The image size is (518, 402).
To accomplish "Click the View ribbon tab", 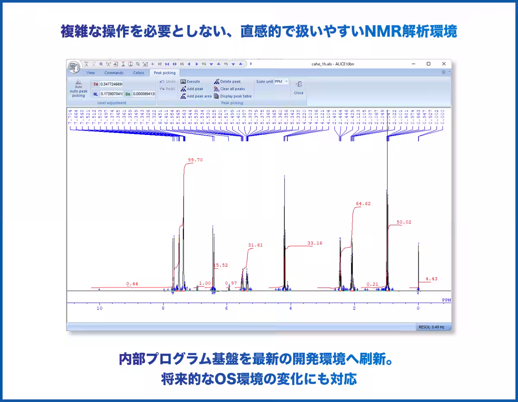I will point(91,73).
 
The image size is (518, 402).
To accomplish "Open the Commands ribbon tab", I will point(114,73).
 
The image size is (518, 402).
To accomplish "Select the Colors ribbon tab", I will point(139,73).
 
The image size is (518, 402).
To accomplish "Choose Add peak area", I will point(196,96).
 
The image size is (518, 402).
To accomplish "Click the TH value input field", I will point(111,84).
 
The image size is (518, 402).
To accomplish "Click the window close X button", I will point(444,64).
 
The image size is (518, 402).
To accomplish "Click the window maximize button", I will point(429,64).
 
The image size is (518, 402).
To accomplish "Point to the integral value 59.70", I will point(195,160).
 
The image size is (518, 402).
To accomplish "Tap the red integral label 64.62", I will point(363,204).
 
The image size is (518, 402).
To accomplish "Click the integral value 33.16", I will point(315,243).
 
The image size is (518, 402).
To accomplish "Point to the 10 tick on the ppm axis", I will point(99,308).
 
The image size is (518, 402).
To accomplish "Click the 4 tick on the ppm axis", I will point(291,308).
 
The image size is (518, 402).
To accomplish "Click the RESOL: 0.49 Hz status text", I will point(433,327).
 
